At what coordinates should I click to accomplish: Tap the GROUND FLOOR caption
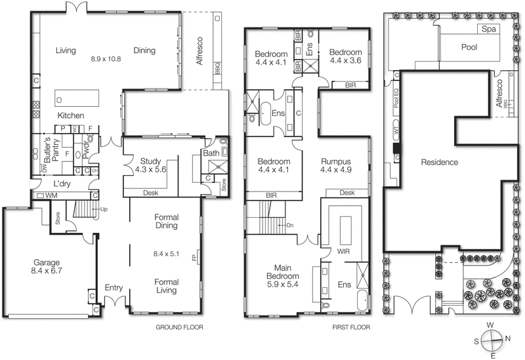click(x=179, y=327)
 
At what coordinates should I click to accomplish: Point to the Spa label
click(x=488, y=30)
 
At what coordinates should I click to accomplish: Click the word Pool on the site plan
click(x=469, y=47)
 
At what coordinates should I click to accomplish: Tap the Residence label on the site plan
click(x=439, y=162)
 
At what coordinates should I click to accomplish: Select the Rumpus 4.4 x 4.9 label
click(x=335, y=166)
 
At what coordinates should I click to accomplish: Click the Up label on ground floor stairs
click(x=103, y=209)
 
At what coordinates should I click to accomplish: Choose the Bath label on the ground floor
click(x=212, y=153)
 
